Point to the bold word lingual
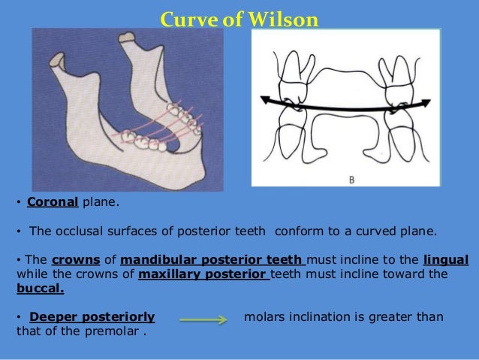[x=445, y=259]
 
